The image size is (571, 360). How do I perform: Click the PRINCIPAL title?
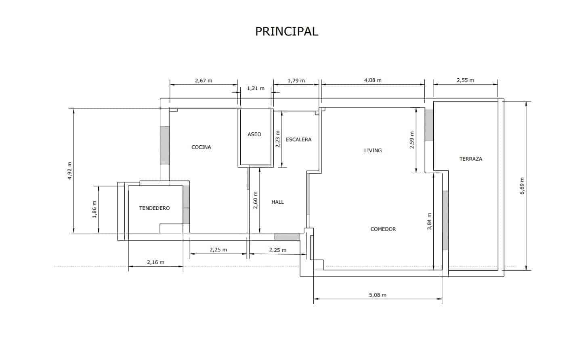pyautogui.click(x=287, y=31)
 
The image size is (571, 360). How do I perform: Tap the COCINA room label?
pyautogui.click(x=201, y=147)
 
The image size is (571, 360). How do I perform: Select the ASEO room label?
pyautogui.click(x=254, y=134)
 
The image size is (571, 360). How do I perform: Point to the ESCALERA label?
pyautogui.click(x=298, y=140)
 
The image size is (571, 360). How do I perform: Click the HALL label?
pyautogui.click(x=278, y=202)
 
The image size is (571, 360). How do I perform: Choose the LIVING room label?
pyautogui.click(x=373, y=151)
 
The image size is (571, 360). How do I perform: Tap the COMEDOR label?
pyautogui.click(x=383, y=229)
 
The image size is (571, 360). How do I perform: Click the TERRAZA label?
pyautogui.click(x=471, y=159)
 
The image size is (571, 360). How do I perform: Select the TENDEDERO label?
pyautogui.click(x=155, y=208)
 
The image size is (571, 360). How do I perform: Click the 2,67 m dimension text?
pyautogui.click(x=204, y=81)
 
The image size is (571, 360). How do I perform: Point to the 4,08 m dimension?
pyautogui.click(x=373, y=80)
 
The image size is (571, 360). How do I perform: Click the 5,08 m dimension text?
pyautogui.click(x=378, y=295)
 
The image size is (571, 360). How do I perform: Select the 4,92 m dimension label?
pyautogui.click(x=69, y=171)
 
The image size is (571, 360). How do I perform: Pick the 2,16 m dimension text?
pyautogui.click(x=155, y=262)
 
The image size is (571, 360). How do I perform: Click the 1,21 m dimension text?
pyautogui.click(x=256, y=88)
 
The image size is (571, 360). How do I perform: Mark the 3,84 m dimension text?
pyautogui.click(x=429, y=222)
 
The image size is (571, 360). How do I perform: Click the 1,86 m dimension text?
pyautogui.click(x=94, y=209)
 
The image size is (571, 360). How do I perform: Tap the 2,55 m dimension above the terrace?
pyautogui.click(x=465, y=80)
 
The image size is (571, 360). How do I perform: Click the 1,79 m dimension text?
pyautogui.click(x=296, y=81)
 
